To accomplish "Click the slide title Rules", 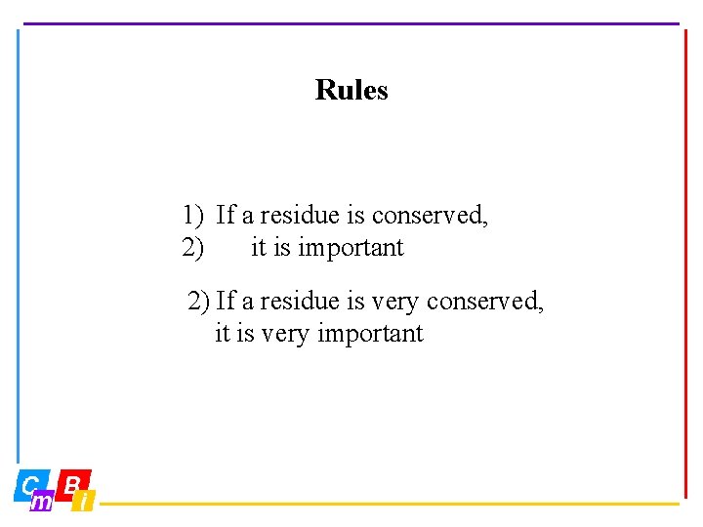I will (351, 90).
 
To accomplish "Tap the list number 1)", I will (192, 215).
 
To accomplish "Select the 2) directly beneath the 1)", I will (192, 248).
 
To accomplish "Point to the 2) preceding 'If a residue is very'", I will (198, 301).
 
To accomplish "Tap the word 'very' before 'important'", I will (283, 334).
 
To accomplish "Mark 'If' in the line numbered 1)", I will (226, 215).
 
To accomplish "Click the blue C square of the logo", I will (30, 485).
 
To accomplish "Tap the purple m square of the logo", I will (42, 502).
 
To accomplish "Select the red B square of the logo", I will (74, 483).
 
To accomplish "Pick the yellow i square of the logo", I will (85, 502).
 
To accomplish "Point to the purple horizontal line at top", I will (351, 23).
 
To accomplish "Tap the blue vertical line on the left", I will (18, 244).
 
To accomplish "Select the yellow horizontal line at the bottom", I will (391, 505).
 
